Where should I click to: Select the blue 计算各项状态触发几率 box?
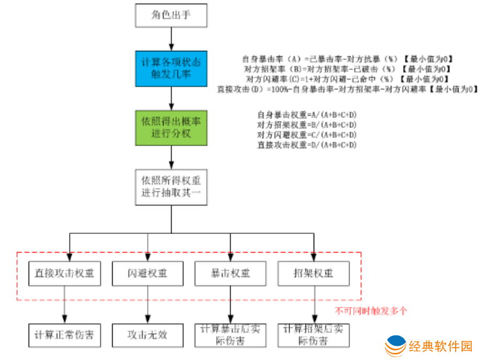point(171,69)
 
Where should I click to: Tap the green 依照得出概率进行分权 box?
point(171,127)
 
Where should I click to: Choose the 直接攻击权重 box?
point(64,273)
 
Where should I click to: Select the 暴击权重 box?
point(231,273)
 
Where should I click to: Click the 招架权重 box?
point(314,273)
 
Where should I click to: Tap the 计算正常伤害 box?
point(64,335)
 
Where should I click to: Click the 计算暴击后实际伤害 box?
point(231,335)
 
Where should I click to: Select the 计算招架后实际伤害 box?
point(314,335)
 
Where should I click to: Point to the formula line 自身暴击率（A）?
point(348,59)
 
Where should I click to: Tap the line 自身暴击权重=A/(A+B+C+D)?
point(307,114)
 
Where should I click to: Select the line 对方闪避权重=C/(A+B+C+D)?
point(307,134)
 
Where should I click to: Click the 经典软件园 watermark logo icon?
point(396,346)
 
